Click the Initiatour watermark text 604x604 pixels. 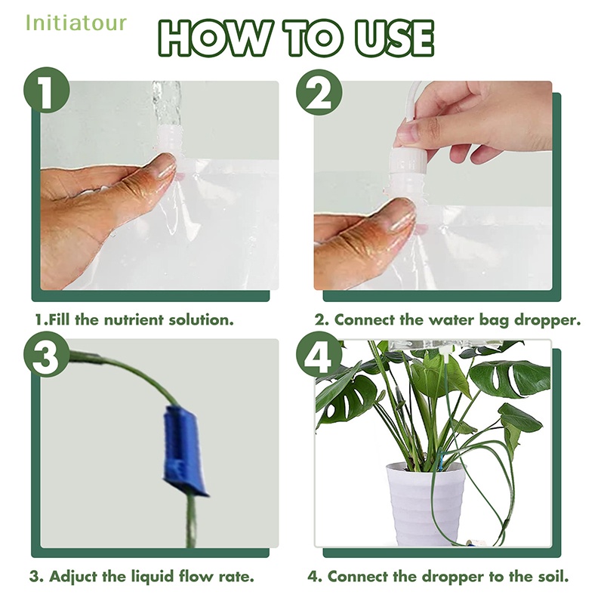(x=76, y=23)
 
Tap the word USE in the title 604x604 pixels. (x=394, y=39)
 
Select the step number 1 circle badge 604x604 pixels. (x=47, y=90)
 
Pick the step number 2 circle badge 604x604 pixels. (x=319, y=92)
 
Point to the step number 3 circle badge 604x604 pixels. (x=47, y=354)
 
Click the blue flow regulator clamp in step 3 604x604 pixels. (x=183, y=449)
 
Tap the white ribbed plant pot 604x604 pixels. (x=425, y=504)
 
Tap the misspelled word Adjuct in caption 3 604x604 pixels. (x=73, y=577)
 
